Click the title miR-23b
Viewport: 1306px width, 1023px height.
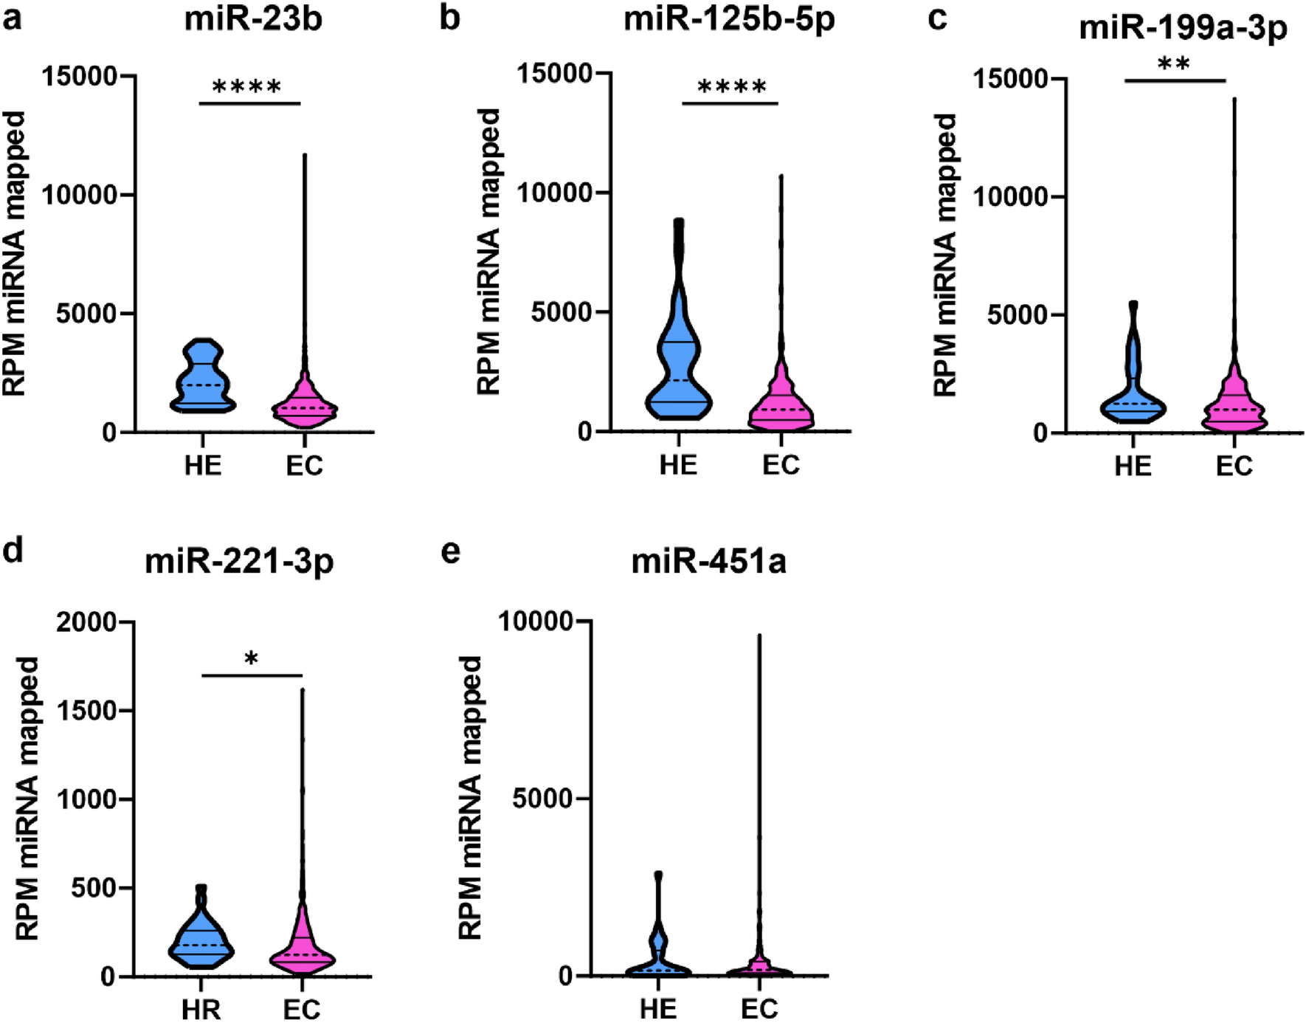click(253, 19)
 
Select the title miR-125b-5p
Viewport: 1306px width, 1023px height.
click(729, 19)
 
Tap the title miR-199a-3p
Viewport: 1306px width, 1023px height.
click(1183, 28)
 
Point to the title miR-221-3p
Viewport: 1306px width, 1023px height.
click(239, 562)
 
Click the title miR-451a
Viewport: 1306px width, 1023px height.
click(708, 562)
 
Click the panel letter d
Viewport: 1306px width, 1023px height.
click(13, 551)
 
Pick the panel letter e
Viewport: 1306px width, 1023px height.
click(450, 552)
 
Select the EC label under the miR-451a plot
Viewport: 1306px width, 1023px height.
click(759, 1008)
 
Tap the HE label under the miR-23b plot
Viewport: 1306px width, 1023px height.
click(203, 466)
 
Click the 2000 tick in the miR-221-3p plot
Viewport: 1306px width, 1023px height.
click(86, 622)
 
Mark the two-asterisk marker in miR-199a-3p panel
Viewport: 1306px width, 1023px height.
click(1174, 64)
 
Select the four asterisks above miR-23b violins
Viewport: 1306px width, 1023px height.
click(247, 88)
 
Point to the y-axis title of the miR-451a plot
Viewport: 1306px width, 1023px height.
click(470, 797)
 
